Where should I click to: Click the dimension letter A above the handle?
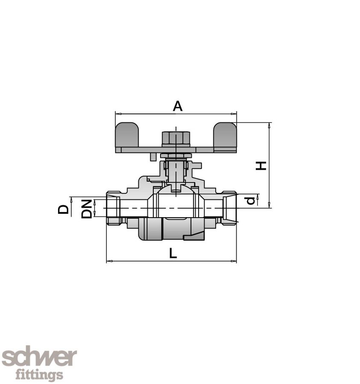[177, 106]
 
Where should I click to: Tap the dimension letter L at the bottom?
[173, 253]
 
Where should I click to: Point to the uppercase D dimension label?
[64, 209]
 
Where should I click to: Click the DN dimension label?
[87, 208]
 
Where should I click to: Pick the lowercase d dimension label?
[252, 200]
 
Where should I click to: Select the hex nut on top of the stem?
[176, 138]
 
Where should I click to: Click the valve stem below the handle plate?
[176, 171]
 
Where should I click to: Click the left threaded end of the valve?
[114, 208]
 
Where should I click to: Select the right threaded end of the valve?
[229, 208]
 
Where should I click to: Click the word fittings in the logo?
[39, 375]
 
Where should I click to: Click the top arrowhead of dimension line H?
[269, 125]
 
